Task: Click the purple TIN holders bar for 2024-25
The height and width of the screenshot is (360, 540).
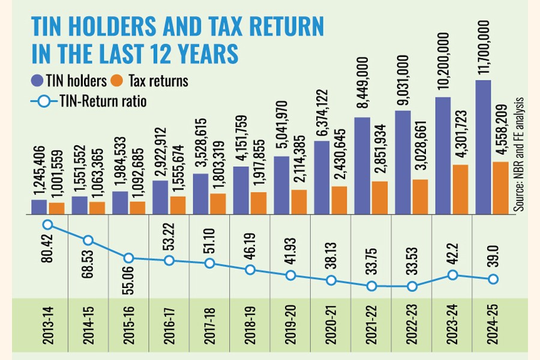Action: point(484,147)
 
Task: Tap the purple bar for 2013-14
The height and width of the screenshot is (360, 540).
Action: point(39,206)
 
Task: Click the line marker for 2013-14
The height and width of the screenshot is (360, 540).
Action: point(49,225)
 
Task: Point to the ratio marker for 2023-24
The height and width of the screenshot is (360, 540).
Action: point(452,275)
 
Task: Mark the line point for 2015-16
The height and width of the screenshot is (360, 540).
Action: point(129,258)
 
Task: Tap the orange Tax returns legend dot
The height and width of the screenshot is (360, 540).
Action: point(119,80)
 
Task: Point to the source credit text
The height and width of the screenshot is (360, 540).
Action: point(520,153)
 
